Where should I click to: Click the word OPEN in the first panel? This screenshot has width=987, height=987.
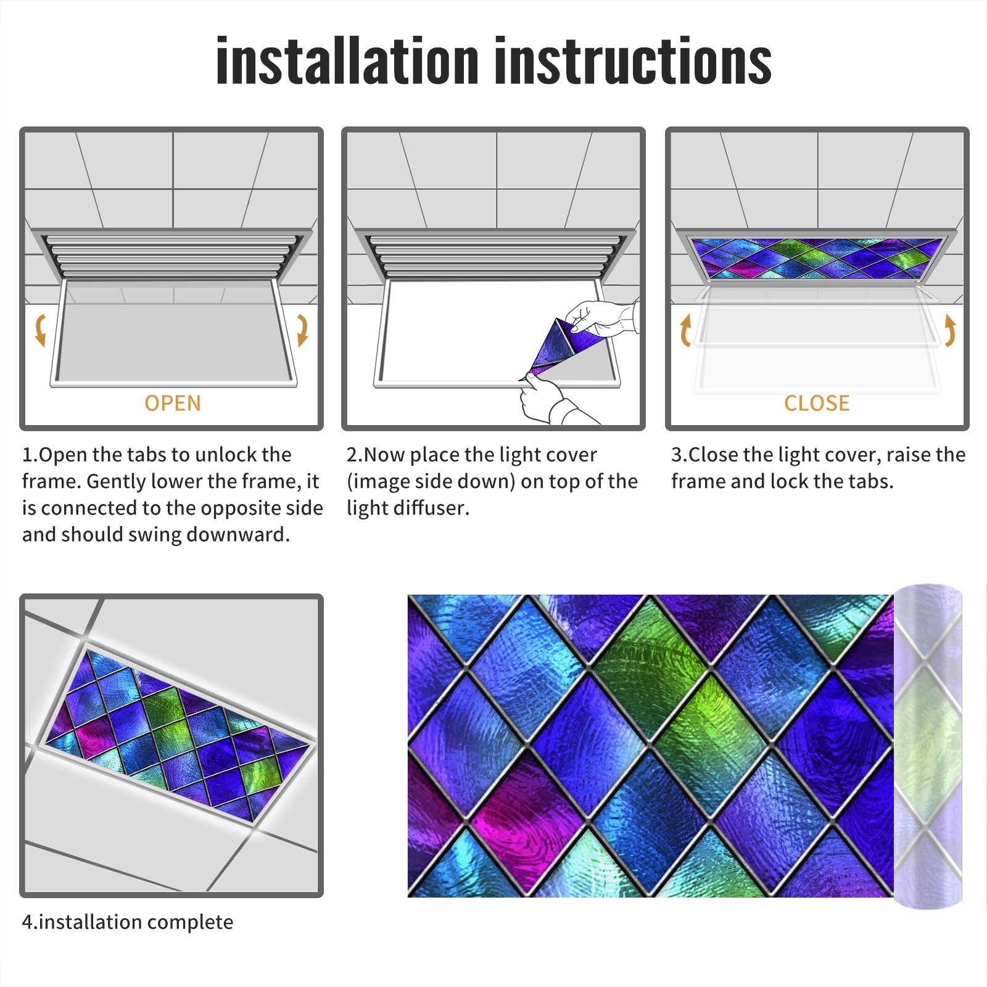[x=173, y=403]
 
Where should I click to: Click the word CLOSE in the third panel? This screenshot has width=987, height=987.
[x=817, y=403]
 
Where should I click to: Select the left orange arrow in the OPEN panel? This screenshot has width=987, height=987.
[x=40, y=330]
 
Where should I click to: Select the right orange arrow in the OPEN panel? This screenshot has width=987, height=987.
[x=302, y=330]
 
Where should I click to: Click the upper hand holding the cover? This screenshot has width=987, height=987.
[x=601, y=318]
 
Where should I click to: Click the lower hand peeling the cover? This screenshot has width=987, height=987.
[x=549, y=400]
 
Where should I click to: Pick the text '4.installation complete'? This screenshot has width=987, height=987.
[x=128, y=922]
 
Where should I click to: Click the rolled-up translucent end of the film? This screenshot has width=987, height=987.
[x=928, y=746]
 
